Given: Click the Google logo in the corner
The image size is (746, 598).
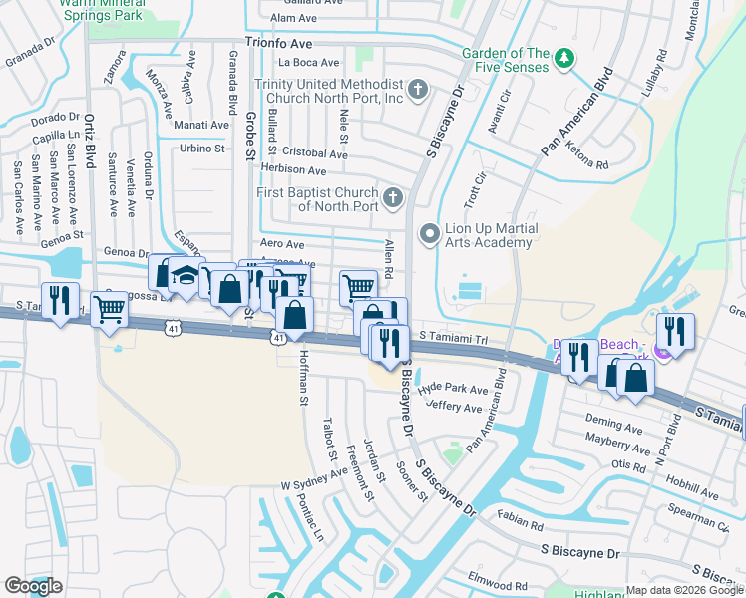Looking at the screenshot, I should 33,586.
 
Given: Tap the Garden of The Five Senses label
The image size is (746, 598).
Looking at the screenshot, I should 506,60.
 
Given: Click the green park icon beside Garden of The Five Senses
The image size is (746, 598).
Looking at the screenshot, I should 564,58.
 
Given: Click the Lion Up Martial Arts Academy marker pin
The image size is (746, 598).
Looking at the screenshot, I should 430,235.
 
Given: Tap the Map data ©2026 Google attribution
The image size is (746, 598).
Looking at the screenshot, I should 684,590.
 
